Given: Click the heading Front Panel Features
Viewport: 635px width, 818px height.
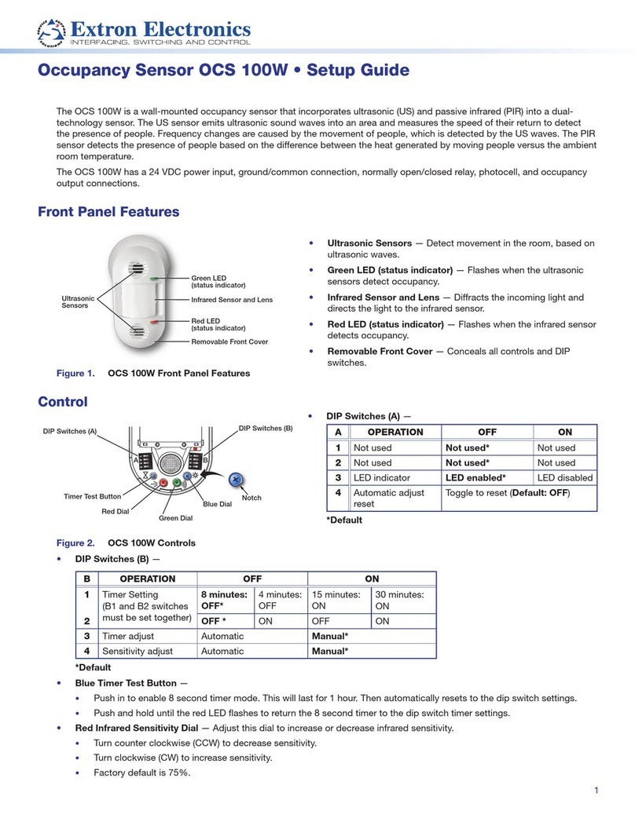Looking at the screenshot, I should [x=108, y=212].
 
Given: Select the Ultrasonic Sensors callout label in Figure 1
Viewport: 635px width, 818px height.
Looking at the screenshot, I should [x=78, y=301].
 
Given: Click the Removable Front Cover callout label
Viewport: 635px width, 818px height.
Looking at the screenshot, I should [x=230, y=341].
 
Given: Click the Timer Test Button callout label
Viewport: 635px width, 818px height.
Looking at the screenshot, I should [x=93, y=496].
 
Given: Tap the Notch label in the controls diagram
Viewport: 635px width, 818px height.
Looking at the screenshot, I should [x=251, y=498].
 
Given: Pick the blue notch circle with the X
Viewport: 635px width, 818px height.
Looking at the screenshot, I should [x=233, y=480].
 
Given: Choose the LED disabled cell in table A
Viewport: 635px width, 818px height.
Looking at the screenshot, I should [x=564, y=477].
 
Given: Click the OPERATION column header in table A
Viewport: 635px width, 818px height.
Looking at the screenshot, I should [x=395, y=432].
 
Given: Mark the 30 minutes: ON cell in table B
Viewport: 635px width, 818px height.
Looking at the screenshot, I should [x=402, y=601].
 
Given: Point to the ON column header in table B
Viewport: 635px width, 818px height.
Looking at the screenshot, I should [x=371, y=579].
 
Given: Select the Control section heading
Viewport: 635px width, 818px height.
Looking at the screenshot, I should [x=63, y=402].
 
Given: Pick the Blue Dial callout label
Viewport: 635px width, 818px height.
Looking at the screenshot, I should [x=217, y=504].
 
